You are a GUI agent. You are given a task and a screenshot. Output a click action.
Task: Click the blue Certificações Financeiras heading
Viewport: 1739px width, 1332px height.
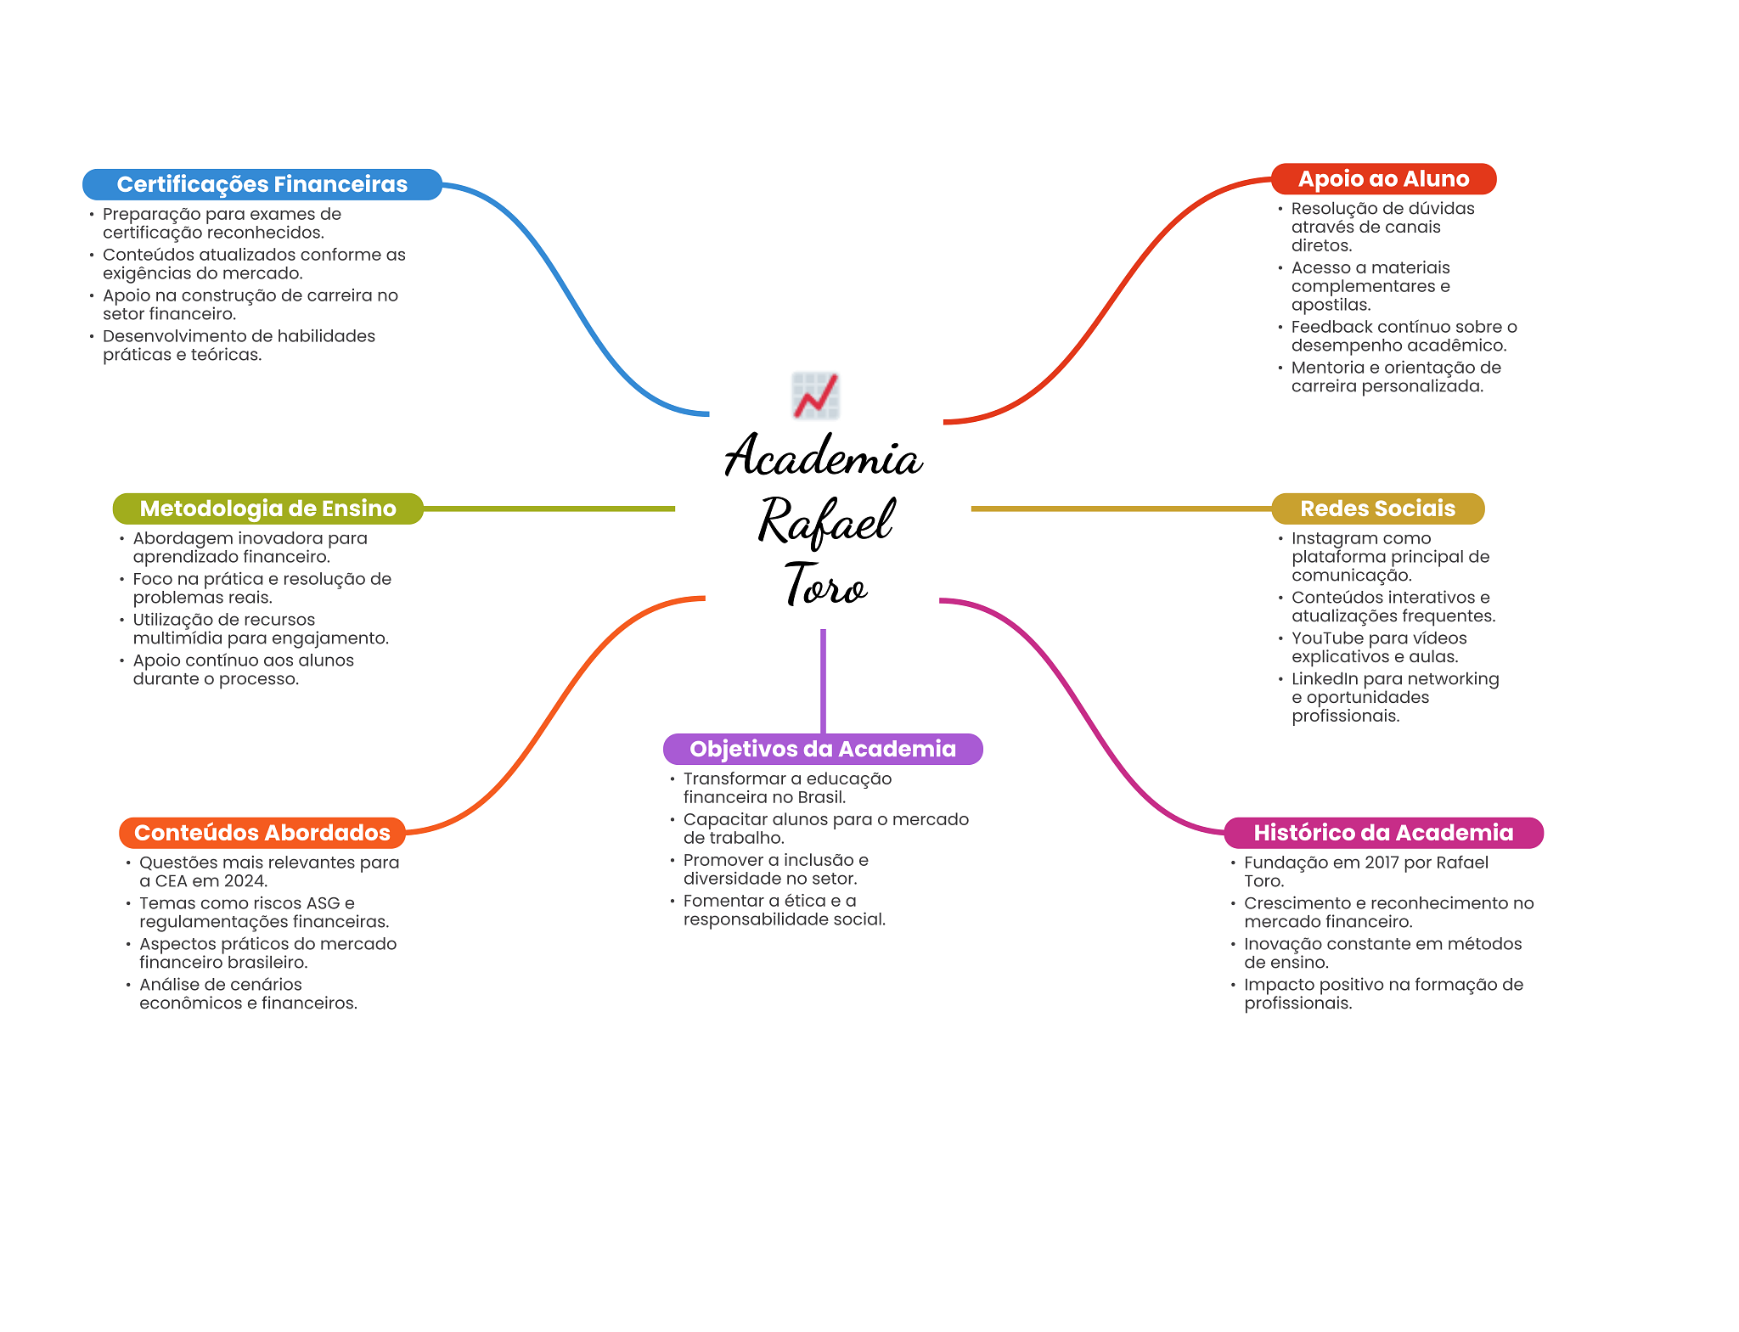click(262, 184)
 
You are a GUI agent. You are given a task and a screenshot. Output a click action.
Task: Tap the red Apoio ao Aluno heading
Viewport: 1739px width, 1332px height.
click(1383, 179)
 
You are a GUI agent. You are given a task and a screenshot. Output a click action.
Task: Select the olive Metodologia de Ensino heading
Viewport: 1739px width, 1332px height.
click(267, 509)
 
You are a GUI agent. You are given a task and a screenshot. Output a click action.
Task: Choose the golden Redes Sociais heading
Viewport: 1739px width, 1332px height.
click(1377, 509)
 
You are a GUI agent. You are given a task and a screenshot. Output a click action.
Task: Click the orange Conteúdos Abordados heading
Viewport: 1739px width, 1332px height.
click(262, 833)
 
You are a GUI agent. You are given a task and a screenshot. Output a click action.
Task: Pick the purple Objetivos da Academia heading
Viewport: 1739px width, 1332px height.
click(823, 749)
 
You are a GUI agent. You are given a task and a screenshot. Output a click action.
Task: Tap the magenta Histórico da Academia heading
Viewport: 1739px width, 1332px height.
click(1383, 833)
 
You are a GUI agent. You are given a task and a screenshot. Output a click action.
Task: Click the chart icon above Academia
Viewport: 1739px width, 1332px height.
click(816, 396)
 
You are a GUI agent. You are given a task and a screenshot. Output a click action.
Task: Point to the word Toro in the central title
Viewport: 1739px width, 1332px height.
click(825, 585)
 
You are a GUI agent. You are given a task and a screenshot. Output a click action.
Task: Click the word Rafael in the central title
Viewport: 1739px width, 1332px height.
click(825, 520)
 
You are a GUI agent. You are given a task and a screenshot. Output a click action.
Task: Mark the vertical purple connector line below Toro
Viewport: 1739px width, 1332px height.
click(823, 681)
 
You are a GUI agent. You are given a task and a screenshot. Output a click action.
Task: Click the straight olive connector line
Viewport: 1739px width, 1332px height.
click(549, 509)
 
